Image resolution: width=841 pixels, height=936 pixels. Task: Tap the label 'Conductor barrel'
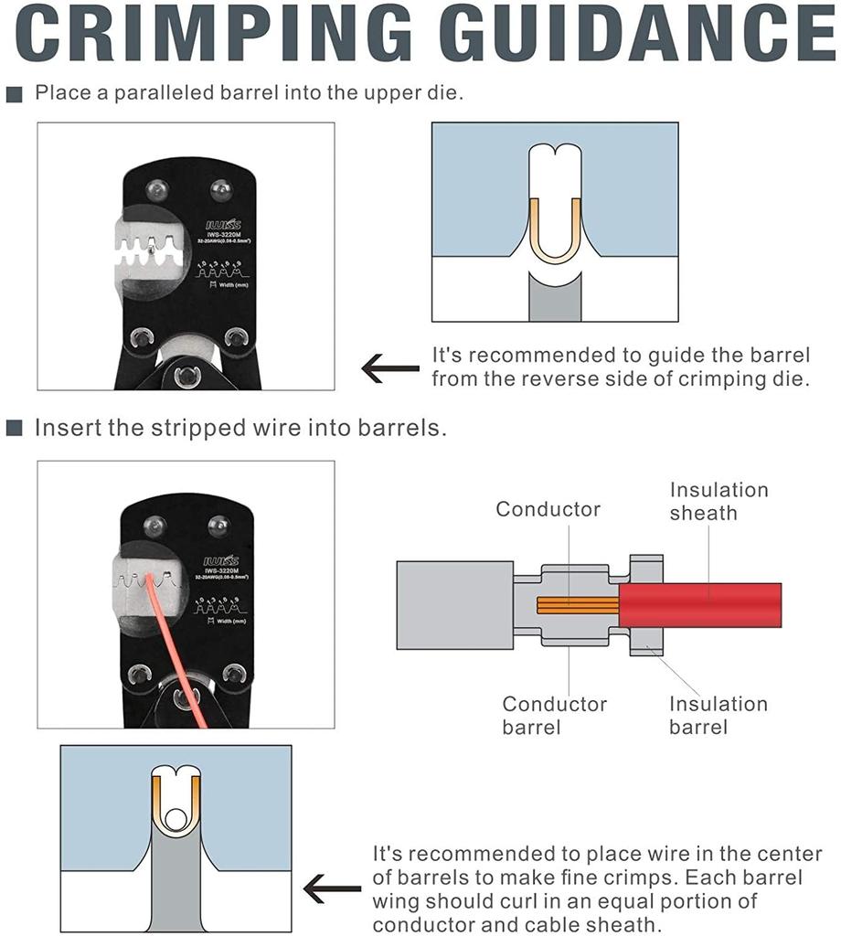[554, 715]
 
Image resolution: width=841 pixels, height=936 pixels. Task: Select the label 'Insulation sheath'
[719, 501]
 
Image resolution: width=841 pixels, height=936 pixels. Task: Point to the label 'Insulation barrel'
[719, 715]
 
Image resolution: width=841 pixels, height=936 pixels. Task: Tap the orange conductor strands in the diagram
[577, 605]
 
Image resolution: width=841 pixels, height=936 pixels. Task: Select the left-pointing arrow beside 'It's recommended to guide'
[390, 367]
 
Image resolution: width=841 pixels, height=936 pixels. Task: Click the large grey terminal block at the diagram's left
[454, 605]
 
